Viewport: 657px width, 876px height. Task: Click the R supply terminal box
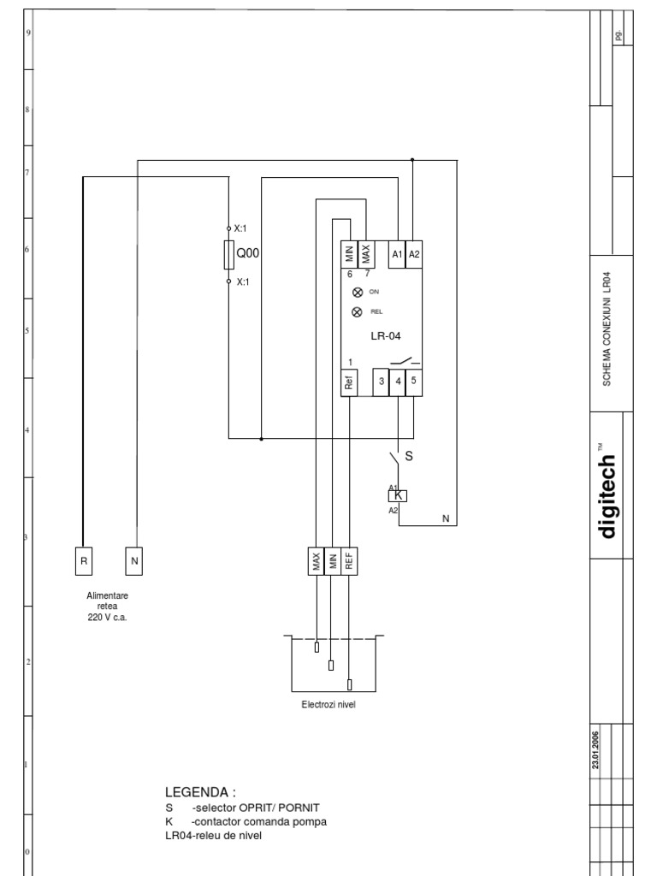pos(83,561)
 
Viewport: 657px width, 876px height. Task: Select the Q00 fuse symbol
pos(228,254)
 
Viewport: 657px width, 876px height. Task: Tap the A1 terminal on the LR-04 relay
pos(397,255)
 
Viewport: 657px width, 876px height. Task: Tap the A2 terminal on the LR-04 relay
pos(414,255)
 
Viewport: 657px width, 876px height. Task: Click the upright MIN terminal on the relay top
pos(349,254)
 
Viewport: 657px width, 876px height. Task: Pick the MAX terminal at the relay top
pos(366,254)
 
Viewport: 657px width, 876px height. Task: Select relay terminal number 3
pos(382,382)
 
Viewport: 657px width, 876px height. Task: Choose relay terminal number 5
pos(413,382)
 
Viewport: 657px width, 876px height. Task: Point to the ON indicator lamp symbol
pos(357,292)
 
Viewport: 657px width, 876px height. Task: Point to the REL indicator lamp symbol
pos(357,312)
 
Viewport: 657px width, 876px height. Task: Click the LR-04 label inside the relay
pos(386,337)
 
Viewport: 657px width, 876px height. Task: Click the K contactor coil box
pos(399,495)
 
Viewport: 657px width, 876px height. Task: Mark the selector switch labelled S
pos(396,457)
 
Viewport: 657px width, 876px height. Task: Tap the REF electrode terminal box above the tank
pos(349,561)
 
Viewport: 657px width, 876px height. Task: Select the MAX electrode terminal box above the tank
pos(316,561)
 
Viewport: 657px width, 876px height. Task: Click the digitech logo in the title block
pos(607,496)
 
